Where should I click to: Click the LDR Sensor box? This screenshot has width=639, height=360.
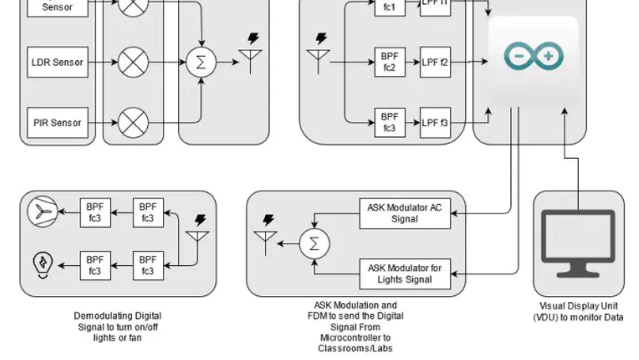click(x=57, y=62)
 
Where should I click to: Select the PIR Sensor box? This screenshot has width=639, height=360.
click(x=57, y=123)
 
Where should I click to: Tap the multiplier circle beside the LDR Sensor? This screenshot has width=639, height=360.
click(x=133, y=62)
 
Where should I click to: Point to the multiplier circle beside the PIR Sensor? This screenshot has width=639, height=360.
click(x=133, y=123)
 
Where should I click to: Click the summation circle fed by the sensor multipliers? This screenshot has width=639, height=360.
click(x=201, y=62)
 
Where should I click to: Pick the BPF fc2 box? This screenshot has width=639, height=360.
click(x=388, y=62)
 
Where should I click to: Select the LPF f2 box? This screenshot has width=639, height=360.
click(x=435, y=62)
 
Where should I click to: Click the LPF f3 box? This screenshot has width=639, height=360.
click(x=435, y=123)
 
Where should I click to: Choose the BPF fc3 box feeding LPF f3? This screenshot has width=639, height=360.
click(x=388, y=123)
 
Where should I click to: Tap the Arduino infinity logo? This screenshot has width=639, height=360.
click(x=534, y=56)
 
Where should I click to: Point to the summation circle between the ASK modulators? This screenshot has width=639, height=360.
click(x=314, y=243)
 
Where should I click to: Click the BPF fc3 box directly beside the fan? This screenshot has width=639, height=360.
click(x=95, y=213)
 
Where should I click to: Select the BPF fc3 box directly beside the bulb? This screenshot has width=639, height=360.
click(x=95, y=264)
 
